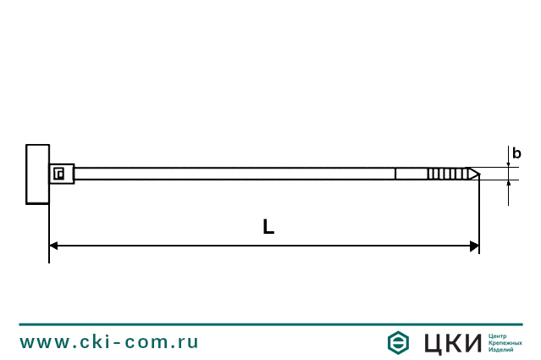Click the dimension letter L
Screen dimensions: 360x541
click(268, 227)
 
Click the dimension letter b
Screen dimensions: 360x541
click(516, 153)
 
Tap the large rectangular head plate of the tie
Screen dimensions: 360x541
click(37, 174)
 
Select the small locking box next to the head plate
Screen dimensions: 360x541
click(62, 174)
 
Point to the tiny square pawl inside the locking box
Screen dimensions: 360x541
click(59, 174)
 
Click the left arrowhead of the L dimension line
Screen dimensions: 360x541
click(54, 246)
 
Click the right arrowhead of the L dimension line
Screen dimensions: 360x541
click(474, 246)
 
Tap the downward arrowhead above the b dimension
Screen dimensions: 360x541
click(509, 163)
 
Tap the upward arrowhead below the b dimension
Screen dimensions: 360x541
click(509, 186)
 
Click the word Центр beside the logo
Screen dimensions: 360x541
click(499, 336)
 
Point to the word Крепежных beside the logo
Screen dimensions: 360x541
click(505, 343)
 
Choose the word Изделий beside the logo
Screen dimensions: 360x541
click(501, 350)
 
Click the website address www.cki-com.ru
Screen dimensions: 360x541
click(109, 342)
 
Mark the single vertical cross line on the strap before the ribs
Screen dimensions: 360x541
click(395, 174)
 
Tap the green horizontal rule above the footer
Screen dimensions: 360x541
click(270, 324)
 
